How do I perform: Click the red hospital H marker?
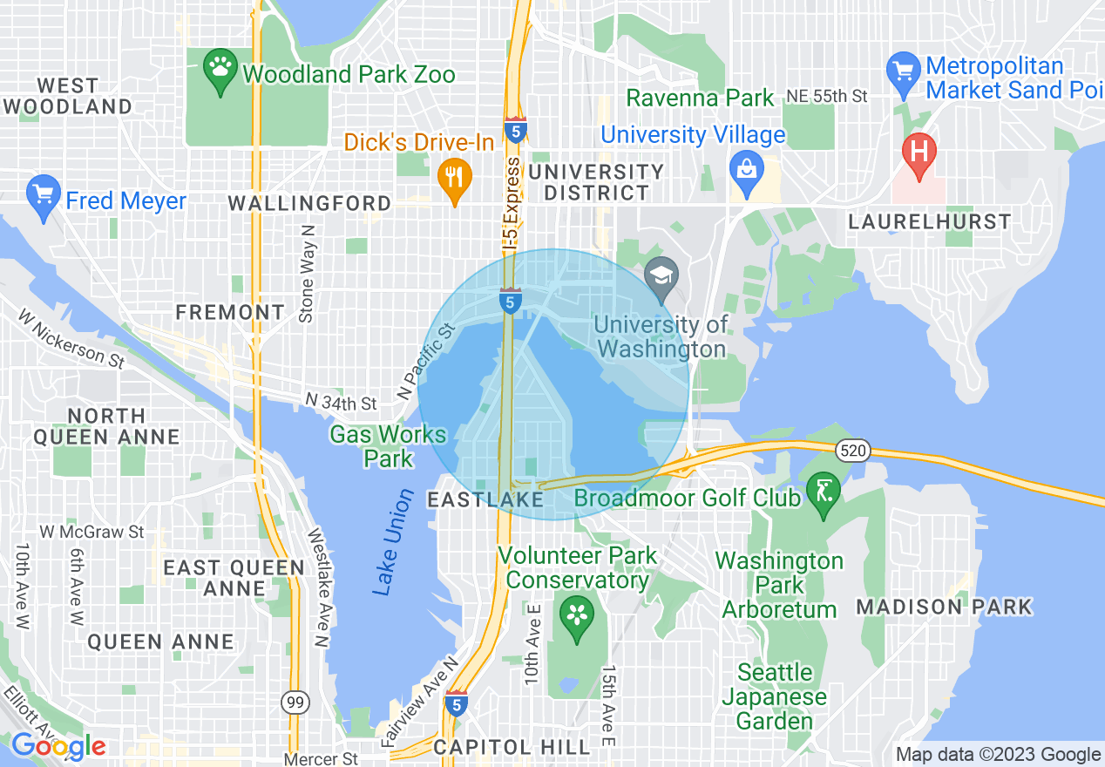(x=918, y=150)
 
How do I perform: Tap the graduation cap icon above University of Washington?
(x=662, y=275)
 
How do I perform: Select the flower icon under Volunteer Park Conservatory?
(x=576, y=616)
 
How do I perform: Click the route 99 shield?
(x=294, y=701)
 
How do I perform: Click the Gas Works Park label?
(x=388, y=445)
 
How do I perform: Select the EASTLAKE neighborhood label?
(x=485, y=499)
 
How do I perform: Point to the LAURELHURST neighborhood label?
(x=930, y=221)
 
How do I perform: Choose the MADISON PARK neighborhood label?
(x=944, y=607)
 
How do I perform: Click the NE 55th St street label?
(x=826, y=96)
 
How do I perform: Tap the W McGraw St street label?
(x=92, y=531)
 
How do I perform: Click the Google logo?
(x=58, y=746)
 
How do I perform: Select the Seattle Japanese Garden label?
(x=774, y=696)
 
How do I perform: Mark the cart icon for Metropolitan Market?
(x=903, y=72)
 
